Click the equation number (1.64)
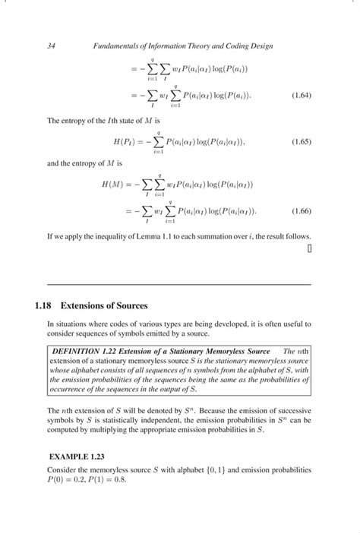pyautogui.click(x=298, y=96)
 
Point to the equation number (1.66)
pyautogui.click(x=298, y=210)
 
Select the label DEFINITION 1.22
pyautogui.click(x=81, y=352)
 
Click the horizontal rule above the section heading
pyautogui.click(x=179, y=284)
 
